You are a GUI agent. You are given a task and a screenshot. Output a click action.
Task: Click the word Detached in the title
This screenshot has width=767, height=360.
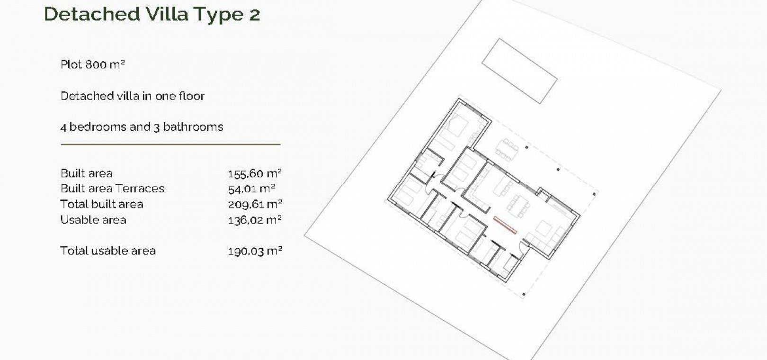coord(92,14)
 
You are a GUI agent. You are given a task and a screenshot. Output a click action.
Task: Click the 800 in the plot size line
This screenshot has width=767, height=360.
coord(96,64)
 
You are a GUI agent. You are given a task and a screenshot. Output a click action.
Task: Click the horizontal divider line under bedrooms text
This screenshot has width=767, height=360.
coord(170,144)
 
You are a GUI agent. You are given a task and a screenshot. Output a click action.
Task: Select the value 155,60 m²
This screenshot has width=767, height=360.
coord(255,173)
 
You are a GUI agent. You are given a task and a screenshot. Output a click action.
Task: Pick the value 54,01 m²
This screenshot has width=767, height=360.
coord(252,189)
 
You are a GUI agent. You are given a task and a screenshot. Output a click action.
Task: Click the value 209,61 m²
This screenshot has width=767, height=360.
coord(255,205)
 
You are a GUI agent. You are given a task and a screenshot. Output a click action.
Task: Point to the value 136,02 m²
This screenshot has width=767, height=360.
coord(255,220)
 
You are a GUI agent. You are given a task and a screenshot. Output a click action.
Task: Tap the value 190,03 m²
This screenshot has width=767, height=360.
coord(255,251)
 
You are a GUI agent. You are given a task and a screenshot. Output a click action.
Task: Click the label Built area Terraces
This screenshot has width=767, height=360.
coord(112,189)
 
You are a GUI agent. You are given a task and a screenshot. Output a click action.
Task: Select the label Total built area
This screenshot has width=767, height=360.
coord(102,204)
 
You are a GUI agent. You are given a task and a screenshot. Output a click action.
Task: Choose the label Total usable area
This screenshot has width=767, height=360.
coord(108,251)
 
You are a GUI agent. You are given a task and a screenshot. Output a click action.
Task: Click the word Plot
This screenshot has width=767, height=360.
coord(71,64)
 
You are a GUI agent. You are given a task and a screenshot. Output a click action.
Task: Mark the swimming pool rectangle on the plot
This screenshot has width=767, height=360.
coord(519,71)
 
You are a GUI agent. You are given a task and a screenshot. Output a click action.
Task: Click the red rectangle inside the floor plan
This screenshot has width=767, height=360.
coord(505,225)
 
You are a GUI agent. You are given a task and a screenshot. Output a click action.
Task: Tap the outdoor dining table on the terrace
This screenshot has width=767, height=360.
coord(507,150)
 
